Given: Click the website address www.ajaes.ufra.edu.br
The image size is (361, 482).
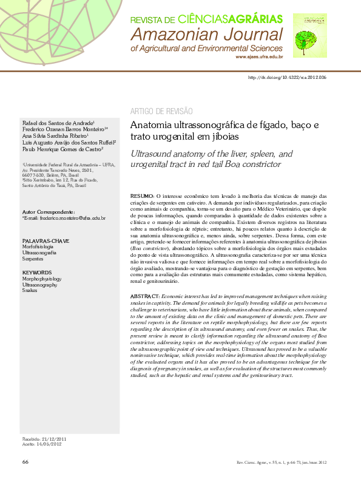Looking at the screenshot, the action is click(x=259, y=56).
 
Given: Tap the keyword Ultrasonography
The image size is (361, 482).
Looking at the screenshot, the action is click(x=39, y=284).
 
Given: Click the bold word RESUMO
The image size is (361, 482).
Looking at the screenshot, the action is click(x=143, y=197).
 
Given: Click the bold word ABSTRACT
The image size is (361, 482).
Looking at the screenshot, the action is click(x=146, y=295).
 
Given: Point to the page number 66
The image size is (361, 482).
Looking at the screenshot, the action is click(x=25, y=462).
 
